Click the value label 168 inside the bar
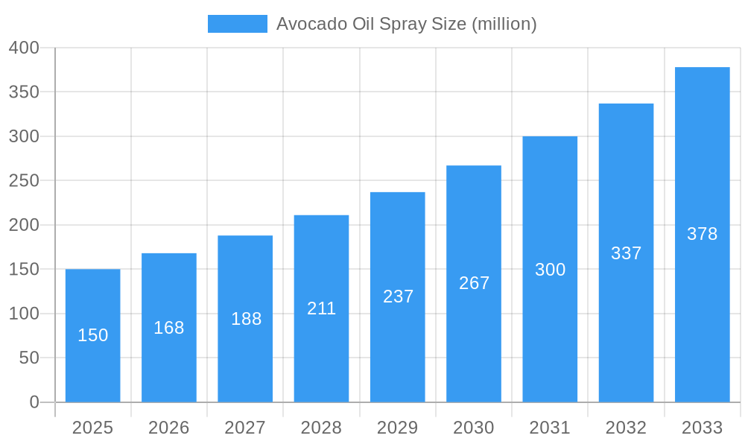click(x=169, y=328)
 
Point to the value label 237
click(x=398, y=297)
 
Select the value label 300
click(x=550, y=270)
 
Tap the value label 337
click(x=626, y=253)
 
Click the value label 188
click(x=246, y=319)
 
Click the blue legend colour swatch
click(x=237, y=24)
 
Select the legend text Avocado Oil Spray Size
click(x=406, y=24)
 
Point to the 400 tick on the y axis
click(x=24, y=48)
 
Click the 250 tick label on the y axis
click(x=24, y=181)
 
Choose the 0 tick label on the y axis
click(x=34, y=402)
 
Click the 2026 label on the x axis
click(x=169, y=428)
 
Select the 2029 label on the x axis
click(x=398, y=428)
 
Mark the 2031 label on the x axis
click(x=550, y=428)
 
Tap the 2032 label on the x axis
click(x=626, y=428)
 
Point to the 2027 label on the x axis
click(x=245, y=428)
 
